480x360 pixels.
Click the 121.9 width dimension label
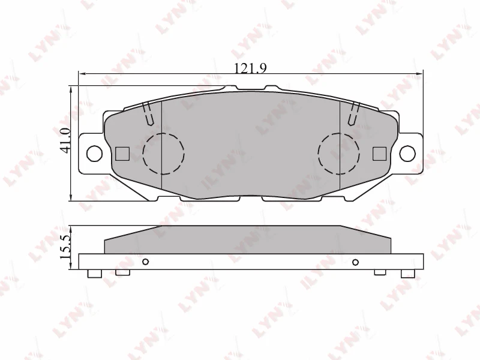tap(250, 68)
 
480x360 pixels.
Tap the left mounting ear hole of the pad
tap(94, 153)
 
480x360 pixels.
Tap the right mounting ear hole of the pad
tap(407, 153)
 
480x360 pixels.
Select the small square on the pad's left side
tap(122, 154)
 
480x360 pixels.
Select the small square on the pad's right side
tap(379, 154)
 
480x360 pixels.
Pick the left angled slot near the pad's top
tap(148, 113)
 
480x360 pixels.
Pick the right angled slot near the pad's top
tap(355, 113)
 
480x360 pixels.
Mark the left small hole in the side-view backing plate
tap(145, 262)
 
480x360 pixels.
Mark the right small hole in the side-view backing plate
tap(355, 262)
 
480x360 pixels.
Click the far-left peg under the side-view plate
tap(93, 274)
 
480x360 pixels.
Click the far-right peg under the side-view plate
tap(407, 274)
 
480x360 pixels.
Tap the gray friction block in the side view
tap(248, 240)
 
